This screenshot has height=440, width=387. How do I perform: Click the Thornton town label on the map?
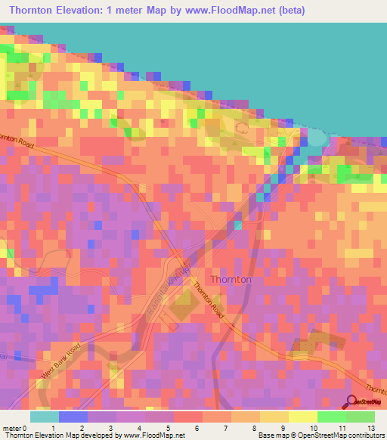click(231, 279)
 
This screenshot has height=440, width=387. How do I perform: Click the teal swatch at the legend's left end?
click(45, 416)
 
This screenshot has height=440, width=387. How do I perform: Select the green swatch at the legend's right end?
click(361, 416)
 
